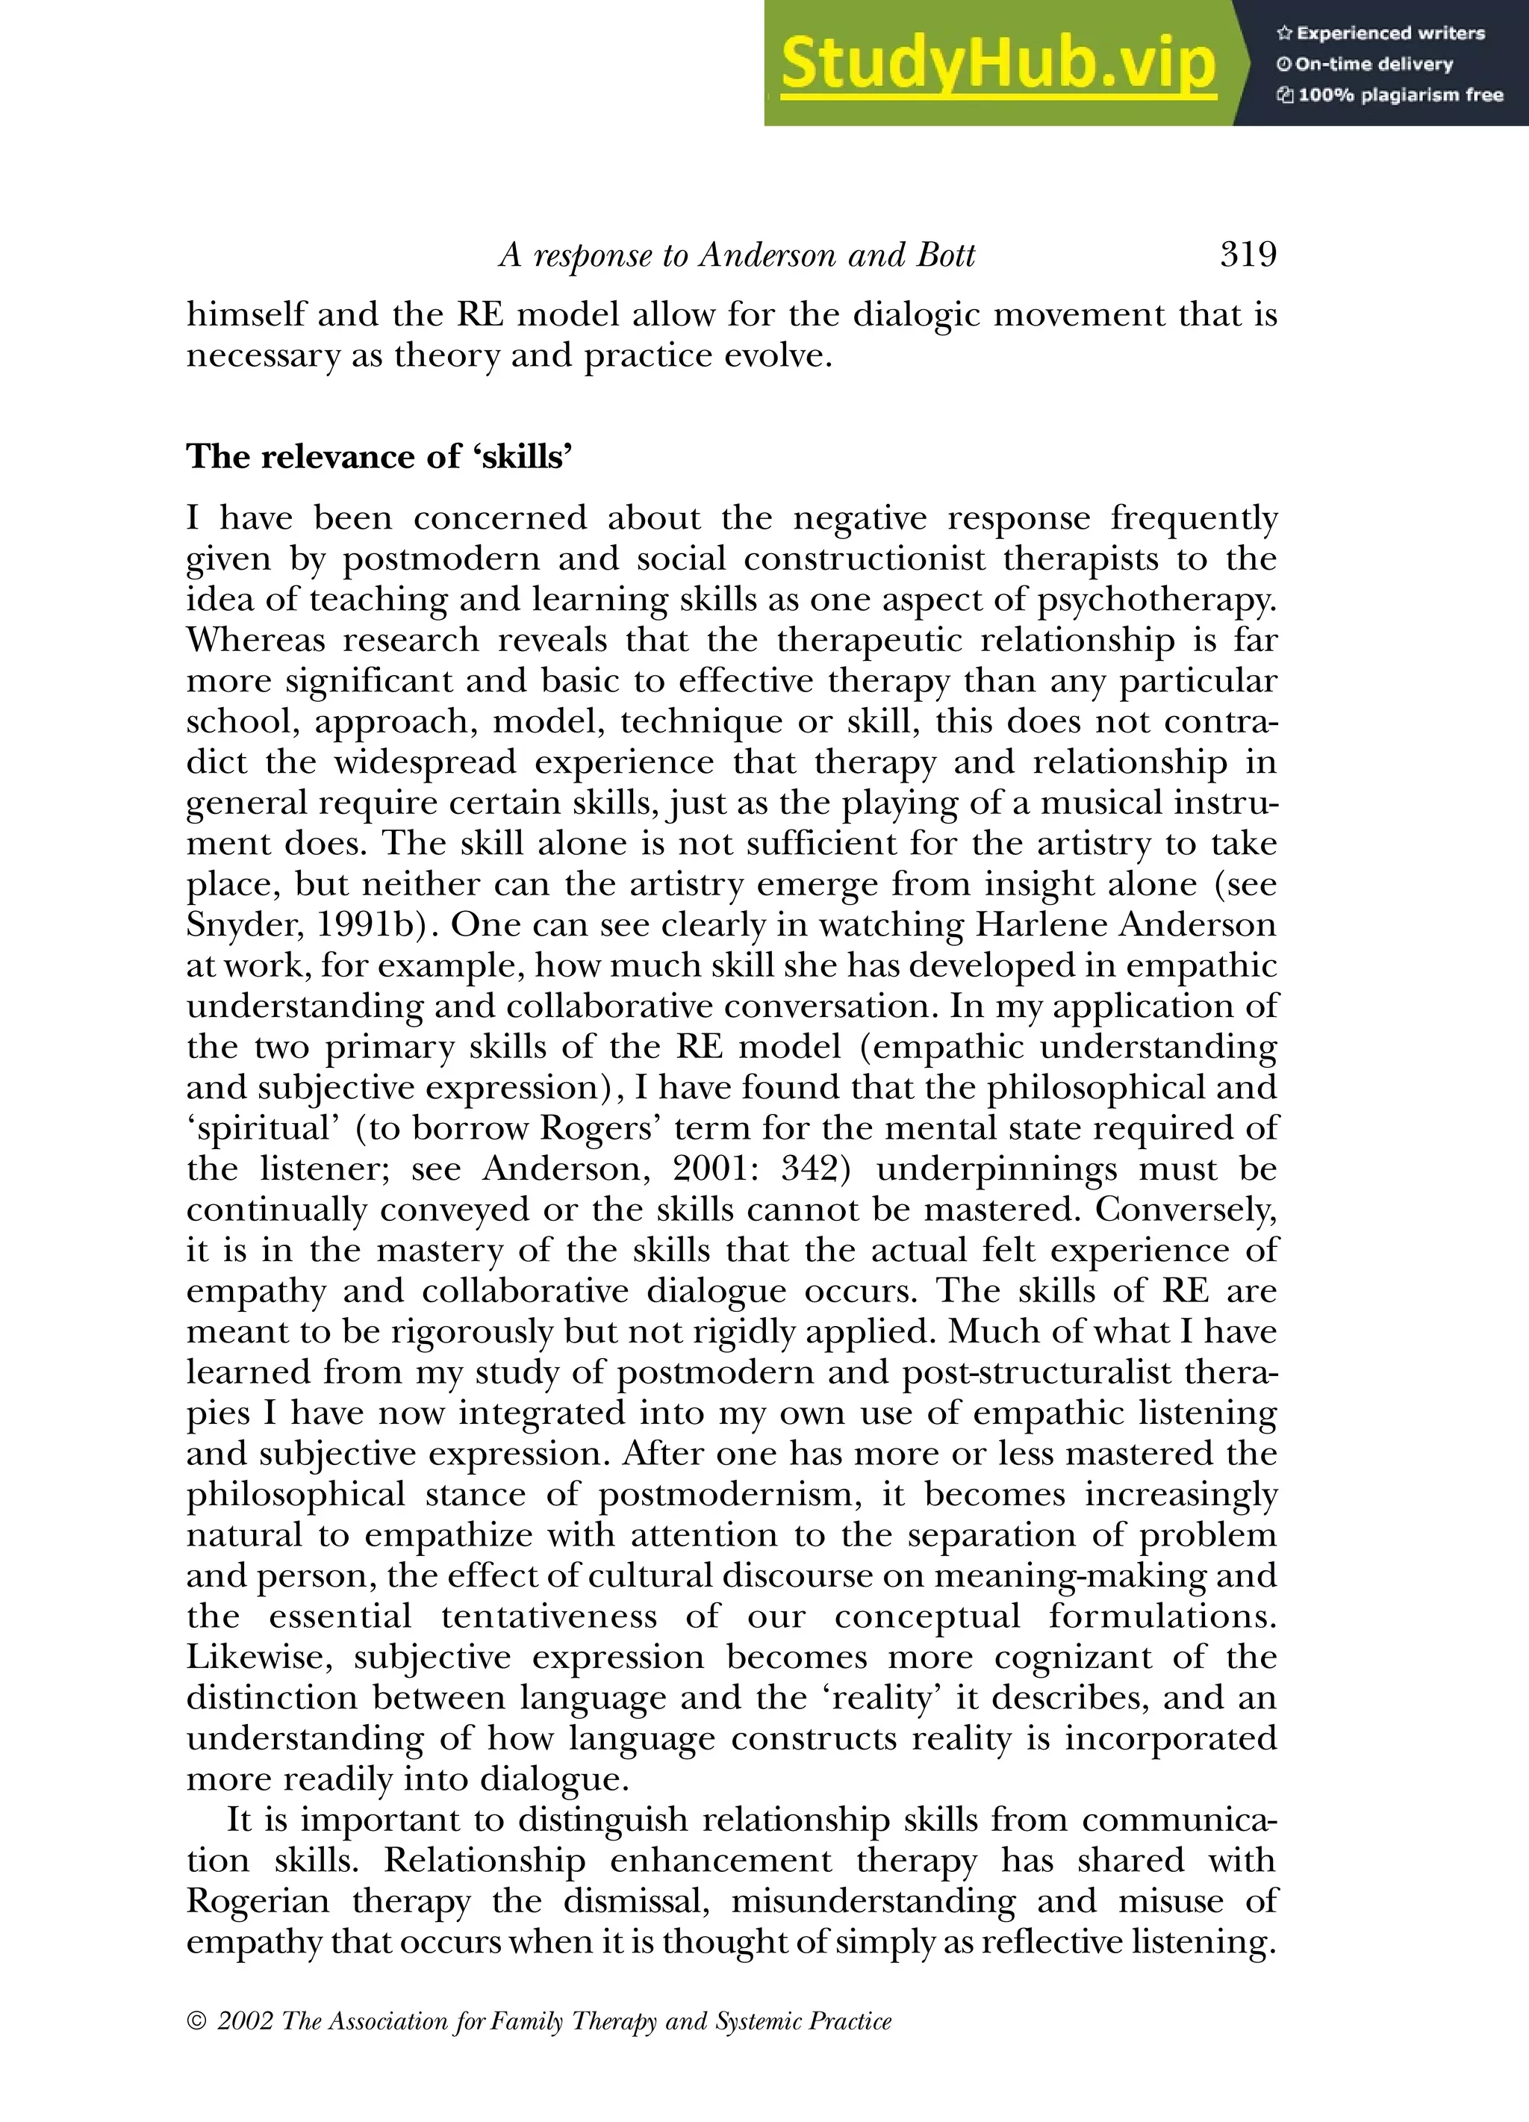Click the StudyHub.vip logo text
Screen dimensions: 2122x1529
997,63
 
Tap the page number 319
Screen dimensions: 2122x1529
1248,255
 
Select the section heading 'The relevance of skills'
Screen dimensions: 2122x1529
379,457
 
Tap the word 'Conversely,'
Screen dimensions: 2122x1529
1186,1209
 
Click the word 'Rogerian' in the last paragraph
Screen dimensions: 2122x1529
258,1901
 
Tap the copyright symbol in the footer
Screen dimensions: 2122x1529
196,2022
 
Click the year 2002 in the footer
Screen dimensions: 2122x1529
245,2022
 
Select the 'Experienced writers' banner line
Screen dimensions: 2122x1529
1381,34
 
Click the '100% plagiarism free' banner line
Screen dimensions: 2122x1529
1389,95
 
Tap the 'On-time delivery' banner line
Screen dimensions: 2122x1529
1365,64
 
